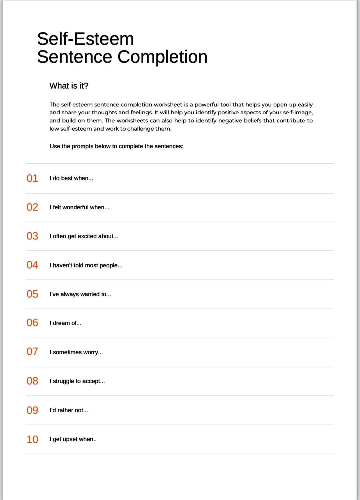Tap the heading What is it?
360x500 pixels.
click(x=69, y=86)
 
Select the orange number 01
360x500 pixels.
click(x=32, y=178)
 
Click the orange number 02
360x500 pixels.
click(x=32, y=207)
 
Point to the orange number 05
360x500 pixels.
click(x=32, y=294)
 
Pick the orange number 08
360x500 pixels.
click(x=32, y=381)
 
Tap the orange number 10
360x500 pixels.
click(x=32, y=439)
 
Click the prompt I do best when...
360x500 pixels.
click(x=71, y=178)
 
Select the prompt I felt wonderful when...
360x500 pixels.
click(x=79, y=207)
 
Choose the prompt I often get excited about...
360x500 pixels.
click(x=84, y=236)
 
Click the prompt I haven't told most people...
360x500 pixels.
click(x=86, y=265)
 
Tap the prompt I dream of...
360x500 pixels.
click(x=65, y=323)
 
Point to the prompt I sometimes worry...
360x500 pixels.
click(x=76, y=352)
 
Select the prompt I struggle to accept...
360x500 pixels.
click(x=77, y=381)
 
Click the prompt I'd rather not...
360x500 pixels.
click(x=69, y=410)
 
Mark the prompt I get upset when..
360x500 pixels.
click(x=73, y=439)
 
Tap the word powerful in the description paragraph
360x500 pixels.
click(x=207, y=105)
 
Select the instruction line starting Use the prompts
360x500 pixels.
click(x=116, y=146)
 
